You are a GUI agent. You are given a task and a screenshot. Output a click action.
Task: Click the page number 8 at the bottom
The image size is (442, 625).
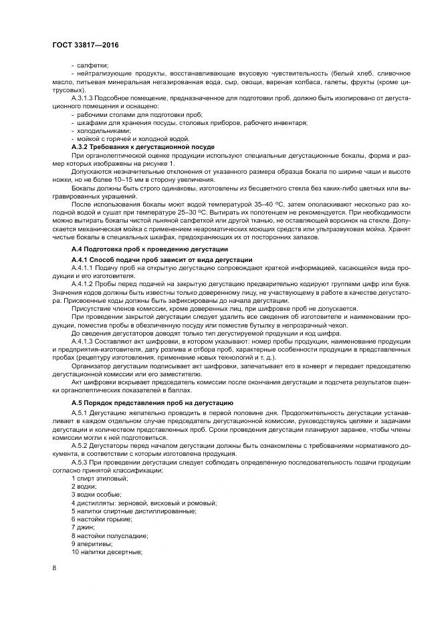(x=54, y=568)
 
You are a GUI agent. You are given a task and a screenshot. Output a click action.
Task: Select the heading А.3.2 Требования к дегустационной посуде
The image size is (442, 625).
(x=142, y=146)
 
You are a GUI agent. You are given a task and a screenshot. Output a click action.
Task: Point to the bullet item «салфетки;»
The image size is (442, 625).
(x=93, y=65)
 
